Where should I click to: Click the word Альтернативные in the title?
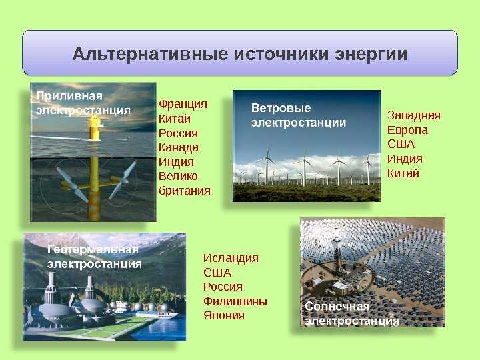click(150, 54)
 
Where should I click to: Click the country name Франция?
click(183, 105)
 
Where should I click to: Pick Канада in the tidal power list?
click(179, 147)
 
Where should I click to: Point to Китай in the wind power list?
click(403, 173)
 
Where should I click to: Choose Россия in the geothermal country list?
click(223, 287)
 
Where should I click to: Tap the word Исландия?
click(231, 258)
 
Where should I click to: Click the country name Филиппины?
click(235, 301)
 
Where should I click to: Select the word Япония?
click(224, 315)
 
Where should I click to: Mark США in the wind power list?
click(401, 144)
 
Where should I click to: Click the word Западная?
click(414, 116)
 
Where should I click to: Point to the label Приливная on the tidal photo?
click(69, 97)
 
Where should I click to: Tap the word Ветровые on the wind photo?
click(281, 108)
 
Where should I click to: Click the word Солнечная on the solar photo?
click(337, 307)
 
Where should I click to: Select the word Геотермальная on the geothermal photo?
click(93, 250)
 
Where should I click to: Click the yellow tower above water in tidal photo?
click(94, 128)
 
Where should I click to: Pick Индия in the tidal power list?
click(176, 162)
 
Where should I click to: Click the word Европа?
click(407, 131)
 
